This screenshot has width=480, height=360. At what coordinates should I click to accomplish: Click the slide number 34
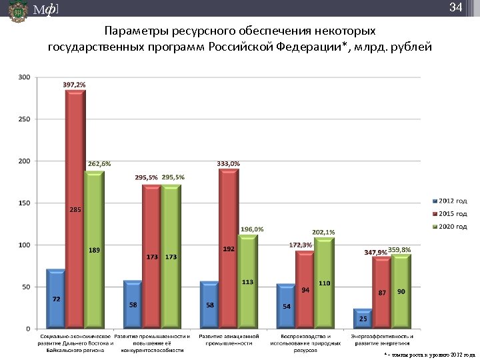[x=455, y=8]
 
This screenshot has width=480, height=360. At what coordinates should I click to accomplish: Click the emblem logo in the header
[x=18, y=12]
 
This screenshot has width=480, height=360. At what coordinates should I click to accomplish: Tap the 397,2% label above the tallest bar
[x=74, y=85]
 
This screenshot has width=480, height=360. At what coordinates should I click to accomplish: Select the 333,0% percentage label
[x=229, y=163]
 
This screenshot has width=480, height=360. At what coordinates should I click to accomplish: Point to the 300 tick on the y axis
[x=24, y=77]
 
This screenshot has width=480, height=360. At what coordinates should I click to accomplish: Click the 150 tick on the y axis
[x=24, y=203]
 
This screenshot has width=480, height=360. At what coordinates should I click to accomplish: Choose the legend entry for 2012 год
[x=450, y=201]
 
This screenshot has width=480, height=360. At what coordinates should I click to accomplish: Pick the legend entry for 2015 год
[x=450, y=214]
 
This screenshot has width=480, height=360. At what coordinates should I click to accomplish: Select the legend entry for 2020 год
[x=450, y=227]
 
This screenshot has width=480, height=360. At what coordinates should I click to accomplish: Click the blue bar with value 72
[x=56, y=300]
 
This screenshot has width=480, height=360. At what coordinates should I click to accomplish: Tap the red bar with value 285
[x=75, y=210]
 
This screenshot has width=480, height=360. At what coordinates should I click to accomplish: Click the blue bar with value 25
[x=363, y=319]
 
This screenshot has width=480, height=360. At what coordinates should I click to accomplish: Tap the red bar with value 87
[x=382, y=293]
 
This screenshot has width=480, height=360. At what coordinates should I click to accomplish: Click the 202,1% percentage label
[x=323, y=232]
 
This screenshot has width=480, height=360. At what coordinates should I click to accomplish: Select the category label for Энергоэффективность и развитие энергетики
[x=382, y=339]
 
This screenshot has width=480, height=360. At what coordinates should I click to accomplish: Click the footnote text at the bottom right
[x=430, y=355]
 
